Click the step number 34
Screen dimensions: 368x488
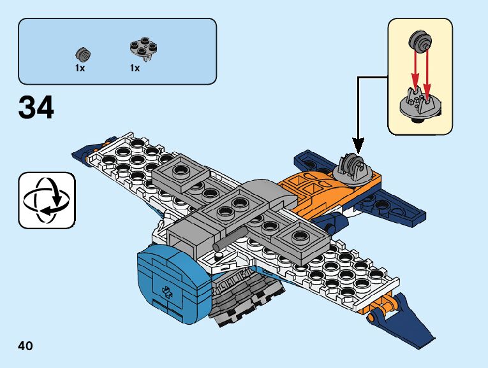click(37, 108)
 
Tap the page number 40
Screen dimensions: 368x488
click(26, 346)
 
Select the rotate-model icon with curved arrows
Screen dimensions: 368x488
click(47, 200)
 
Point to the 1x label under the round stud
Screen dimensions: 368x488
click(80, 68)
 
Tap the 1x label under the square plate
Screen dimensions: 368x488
click(135, 68)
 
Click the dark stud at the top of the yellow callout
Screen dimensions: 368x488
click(420, 40)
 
